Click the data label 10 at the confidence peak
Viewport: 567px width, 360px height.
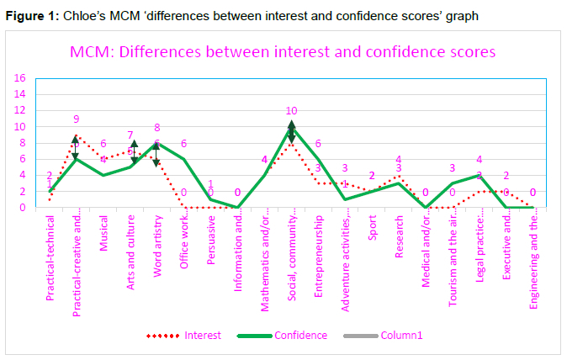[292, 111]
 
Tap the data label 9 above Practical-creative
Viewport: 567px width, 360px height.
[77, 119]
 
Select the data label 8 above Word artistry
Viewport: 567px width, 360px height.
[157, 128]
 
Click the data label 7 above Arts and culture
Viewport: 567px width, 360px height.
[130, 135]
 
